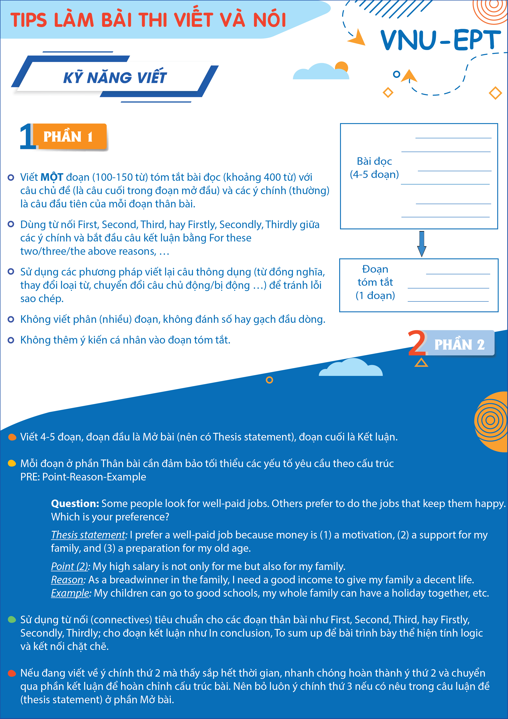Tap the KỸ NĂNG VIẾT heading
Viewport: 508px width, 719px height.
(115, 78)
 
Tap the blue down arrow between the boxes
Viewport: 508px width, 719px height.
(422, 244)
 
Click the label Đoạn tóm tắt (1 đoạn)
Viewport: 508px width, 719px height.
(375, 282)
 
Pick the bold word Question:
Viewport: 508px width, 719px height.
(75, 504)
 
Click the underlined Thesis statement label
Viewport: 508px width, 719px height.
(88, 535)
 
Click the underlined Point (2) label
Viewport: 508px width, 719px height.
(69, 567)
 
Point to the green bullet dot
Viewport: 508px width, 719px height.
(12, 620)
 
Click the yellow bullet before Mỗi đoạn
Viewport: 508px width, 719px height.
(12, 463)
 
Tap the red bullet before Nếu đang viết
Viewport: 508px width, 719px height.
(12, 673)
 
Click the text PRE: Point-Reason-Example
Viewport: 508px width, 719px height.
(83, 477)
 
